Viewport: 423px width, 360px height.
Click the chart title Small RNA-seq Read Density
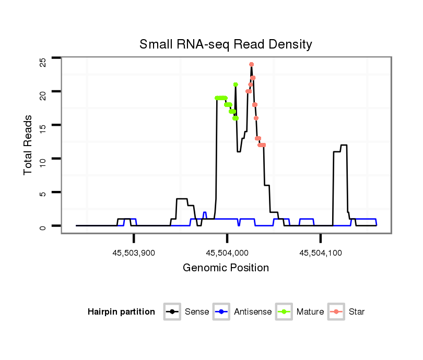coord(226,44)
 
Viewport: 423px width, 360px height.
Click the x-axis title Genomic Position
coord(226,268)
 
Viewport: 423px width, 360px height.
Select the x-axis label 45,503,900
coord(134,253)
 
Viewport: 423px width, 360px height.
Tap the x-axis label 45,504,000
coord(227,253)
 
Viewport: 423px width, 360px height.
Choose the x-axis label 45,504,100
coord(320,253)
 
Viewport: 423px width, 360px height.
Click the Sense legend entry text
coord(197,312)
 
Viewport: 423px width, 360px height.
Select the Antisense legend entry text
coord(253,312)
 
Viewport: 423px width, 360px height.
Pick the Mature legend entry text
coord(310,312)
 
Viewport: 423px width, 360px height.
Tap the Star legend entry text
coord(357,312)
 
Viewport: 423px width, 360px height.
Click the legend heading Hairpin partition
coord(121,312)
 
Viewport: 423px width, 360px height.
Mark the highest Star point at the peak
coord(251,65)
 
